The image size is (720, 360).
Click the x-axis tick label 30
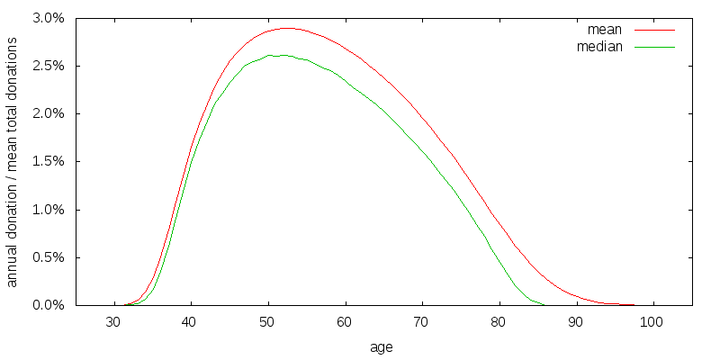tap(113, 322)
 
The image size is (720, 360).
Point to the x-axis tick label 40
tap(191, 322)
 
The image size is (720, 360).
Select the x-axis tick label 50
tap(268, 322)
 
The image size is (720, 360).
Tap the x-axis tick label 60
tap(345, 322)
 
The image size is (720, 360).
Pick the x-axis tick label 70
tap(422, 322)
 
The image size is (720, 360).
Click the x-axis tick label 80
tap(499, 322)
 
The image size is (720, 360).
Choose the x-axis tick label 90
tap(576, 322)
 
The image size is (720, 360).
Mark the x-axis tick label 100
tap(653, 322)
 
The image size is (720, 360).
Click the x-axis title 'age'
tap(382, 346)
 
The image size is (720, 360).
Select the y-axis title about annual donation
tap(13, 162)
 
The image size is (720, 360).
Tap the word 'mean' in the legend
tap(605, 30)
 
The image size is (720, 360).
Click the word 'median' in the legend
tap(598, 46)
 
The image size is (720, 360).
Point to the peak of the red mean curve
tap(287, 28)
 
